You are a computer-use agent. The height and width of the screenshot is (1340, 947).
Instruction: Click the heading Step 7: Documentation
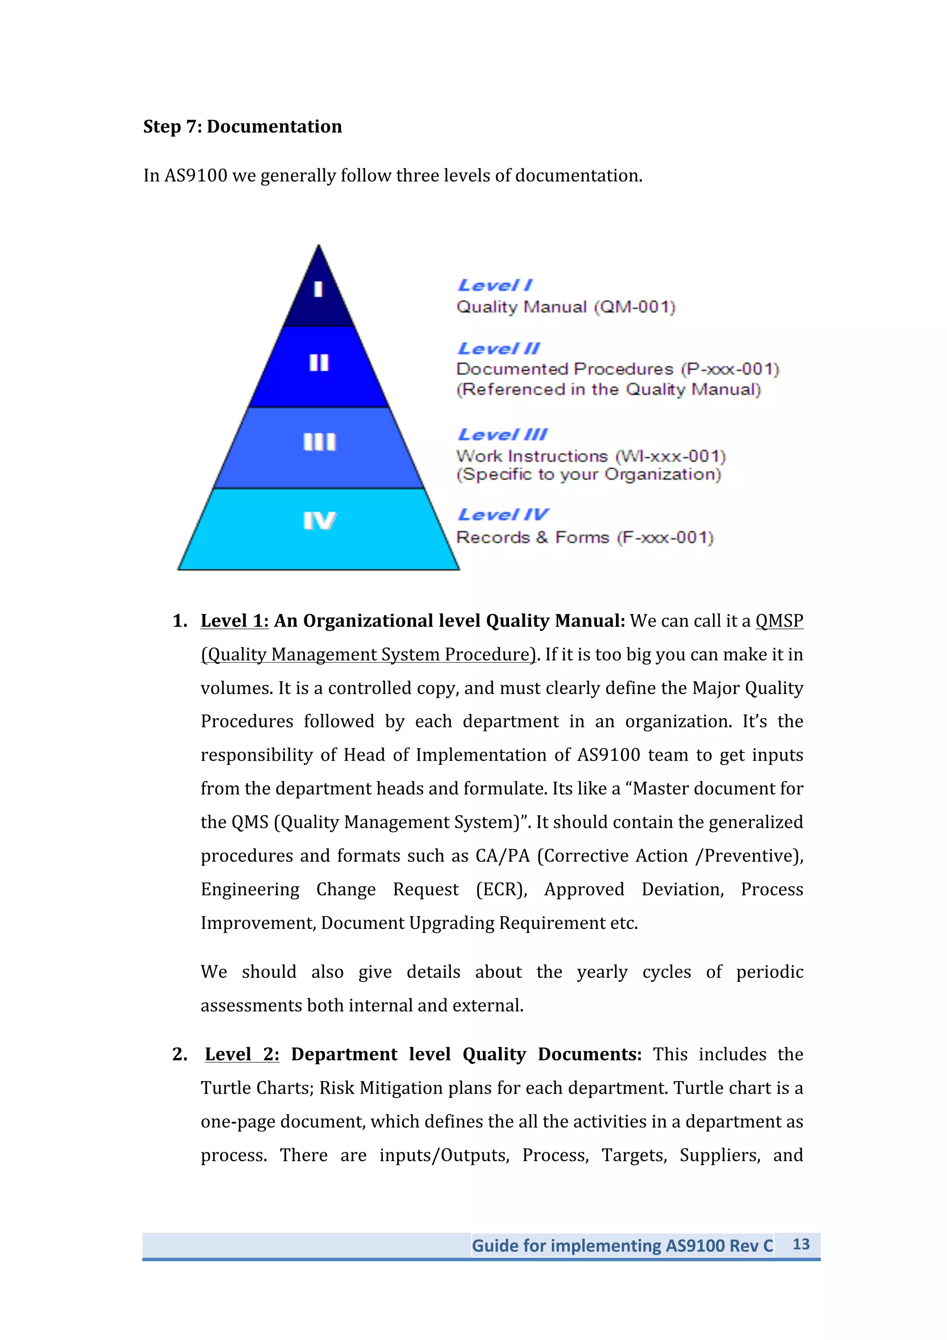[x=242, y=127]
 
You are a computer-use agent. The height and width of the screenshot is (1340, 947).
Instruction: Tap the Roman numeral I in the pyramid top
[x=318, y=289]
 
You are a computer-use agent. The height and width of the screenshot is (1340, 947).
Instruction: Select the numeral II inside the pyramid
[x=319, y=363]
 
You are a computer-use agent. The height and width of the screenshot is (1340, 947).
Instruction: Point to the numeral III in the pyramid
[x=319, y=442]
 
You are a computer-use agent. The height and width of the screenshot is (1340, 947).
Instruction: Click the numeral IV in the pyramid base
[x=319, y=521]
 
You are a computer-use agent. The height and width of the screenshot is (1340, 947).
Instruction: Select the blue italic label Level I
[x=494, y=285]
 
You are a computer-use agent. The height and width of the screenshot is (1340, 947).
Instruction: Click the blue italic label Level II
[x=498, y=349]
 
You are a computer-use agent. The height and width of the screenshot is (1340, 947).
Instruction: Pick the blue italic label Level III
[x=502, y=434]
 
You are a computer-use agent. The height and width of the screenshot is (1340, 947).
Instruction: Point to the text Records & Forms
[x=532, y=537]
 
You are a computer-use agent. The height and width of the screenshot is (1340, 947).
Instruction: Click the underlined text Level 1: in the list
[x=234, y=621]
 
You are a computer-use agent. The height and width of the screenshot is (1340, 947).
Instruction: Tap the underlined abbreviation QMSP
[x=779, y=621]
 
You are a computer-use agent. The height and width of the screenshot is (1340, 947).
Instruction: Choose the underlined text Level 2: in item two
[x=241, y=1055]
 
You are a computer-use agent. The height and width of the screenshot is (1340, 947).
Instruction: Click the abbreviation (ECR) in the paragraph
[x=501, y=890]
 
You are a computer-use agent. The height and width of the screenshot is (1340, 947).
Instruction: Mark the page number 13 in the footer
[x=800, y=1244]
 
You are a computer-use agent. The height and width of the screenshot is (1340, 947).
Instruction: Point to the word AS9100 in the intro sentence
[x=196, y=176]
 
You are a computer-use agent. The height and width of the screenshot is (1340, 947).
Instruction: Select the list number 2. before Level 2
[x=180, y=1055]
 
